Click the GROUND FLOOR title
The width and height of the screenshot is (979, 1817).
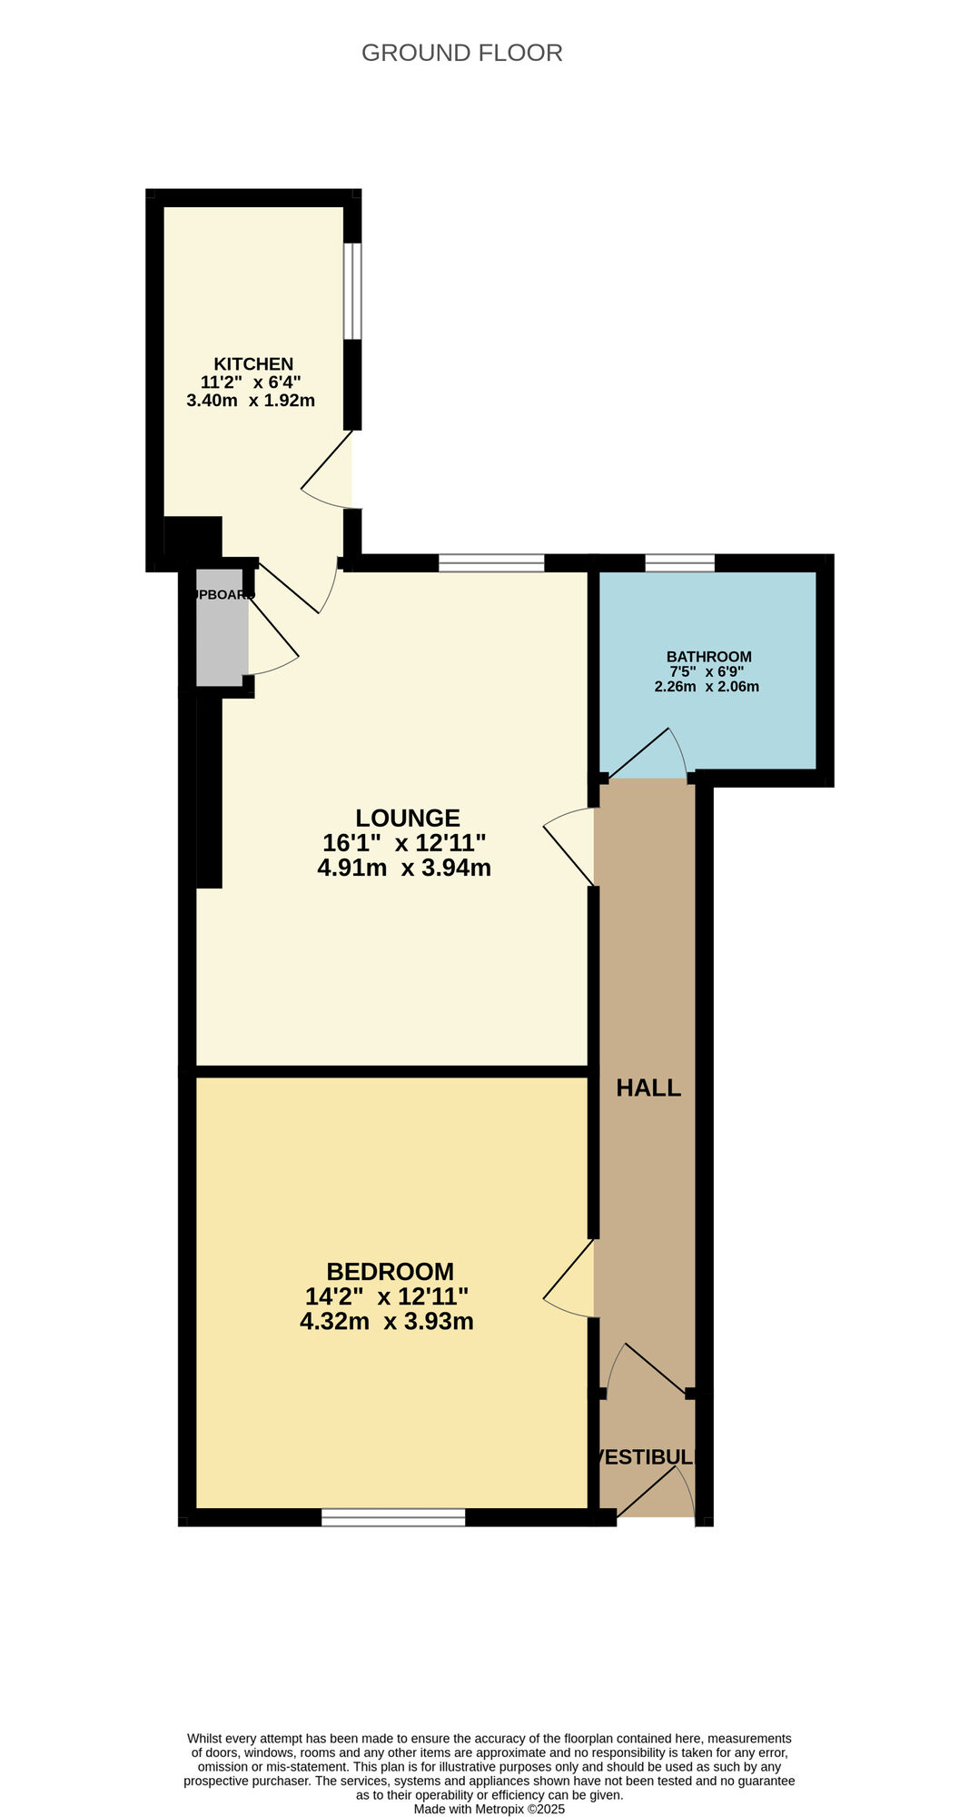tap(461, 53)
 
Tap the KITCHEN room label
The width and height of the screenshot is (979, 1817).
tap(253, 363)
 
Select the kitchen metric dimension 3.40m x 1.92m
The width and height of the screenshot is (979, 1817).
tap(251, 401)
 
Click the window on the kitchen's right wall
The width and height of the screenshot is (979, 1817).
tap(352, 291)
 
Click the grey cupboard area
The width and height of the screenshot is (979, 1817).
tap(220, 627)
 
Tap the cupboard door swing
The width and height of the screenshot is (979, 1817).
tap(272, 640)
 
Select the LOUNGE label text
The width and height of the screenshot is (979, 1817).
tap(408, 818)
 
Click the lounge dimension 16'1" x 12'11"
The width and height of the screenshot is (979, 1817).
tap(404, 842)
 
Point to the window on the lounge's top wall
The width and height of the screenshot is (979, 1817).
tap(491, 563)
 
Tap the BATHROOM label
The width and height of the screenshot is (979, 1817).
tap(708, 656)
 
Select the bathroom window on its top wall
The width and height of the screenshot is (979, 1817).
tap(679, 563)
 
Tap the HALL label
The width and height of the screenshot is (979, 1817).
tap(648, 1087)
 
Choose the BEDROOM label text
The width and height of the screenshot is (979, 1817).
tap(390, 1271)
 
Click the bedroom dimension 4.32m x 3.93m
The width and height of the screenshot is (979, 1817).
tap(387, 1321)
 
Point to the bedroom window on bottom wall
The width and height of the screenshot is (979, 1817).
tap(393, 1516)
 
